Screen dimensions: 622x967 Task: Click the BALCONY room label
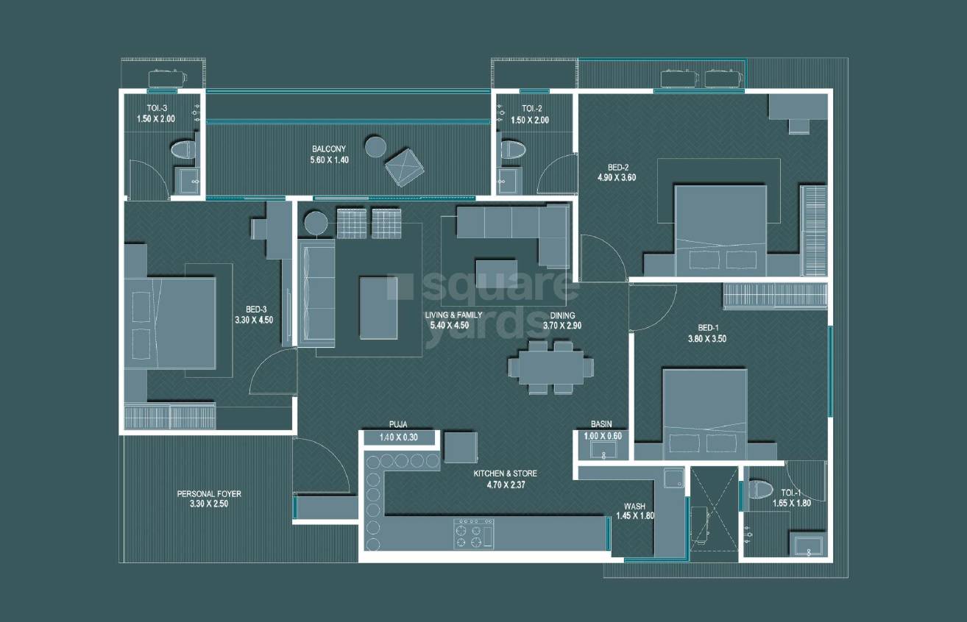pyautogui.click(x=328, y=149)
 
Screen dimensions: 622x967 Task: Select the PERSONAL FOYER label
pyautogui.click(x=209, y=494)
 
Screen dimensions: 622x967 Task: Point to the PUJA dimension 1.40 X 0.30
pyautogui.click(x=398, y=438)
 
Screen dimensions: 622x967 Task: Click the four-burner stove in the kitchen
pyautogui.click(x=473, y=533)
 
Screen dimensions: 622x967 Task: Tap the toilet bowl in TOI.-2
pyautogui.click(x=512, y=150)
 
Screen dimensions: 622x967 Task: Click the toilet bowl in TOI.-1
pyautogui.click(x=760, y=489)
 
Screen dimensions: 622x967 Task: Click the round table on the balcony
pyautogui.click(x=376, y=146)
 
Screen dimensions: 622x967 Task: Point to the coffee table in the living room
pyautogui.click(x=378, y=307)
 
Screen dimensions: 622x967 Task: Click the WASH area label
pyautogui.click(x=634, y=506)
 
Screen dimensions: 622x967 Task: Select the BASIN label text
pyautogui.click(x=601, y=424)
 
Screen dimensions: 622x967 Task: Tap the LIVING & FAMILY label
pyautogui.click(x=454, y=315)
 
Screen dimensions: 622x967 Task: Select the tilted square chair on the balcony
pyautogui.click(x=405, y=166)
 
